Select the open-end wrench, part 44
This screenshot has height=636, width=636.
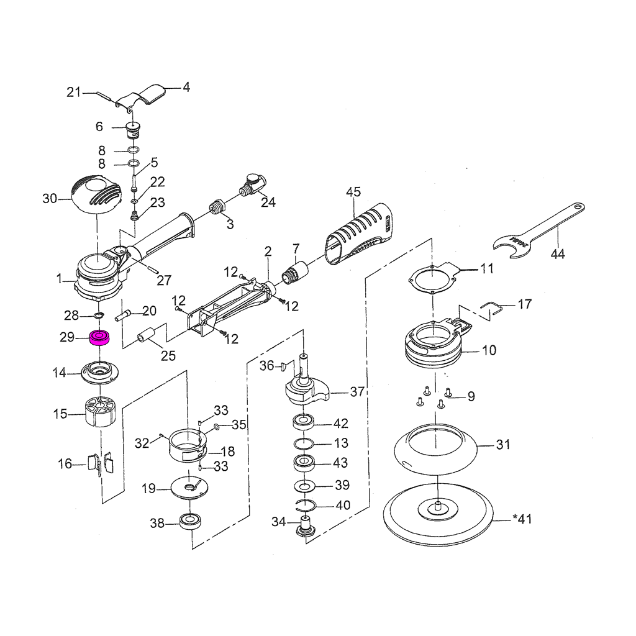click(540, 230)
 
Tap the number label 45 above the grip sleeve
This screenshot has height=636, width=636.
click(353, 192)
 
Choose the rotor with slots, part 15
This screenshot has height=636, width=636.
click(99, 412)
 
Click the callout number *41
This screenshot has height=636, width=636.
click(522, 519)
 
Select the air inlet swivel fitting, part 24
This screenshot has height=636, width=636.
click(251, 185)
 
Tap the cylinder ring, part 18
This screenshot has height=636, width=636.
click(188, 447)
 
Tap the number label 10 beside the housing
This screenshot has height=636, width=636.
click(489, 350)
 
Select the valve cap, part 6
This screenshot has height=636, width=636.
click(132, 130)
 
